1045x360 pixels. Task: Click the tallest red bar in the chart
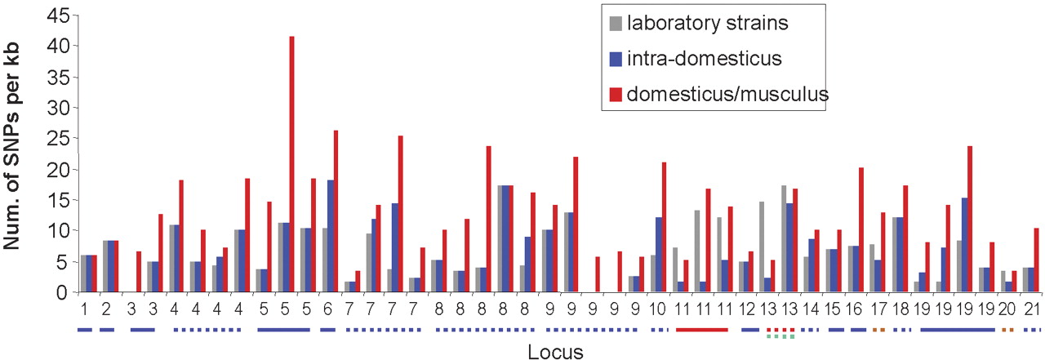291,163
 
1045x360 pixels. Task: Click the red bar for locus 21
1036,260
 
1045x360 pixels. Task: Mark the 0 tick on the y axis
60,291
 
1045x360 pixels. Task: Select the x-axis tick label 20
1007,310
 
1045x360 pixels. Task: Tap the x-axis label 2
106,310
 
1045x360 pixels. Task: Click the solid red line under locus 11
701,330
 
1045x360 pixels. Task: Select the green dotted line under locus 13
780,336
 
